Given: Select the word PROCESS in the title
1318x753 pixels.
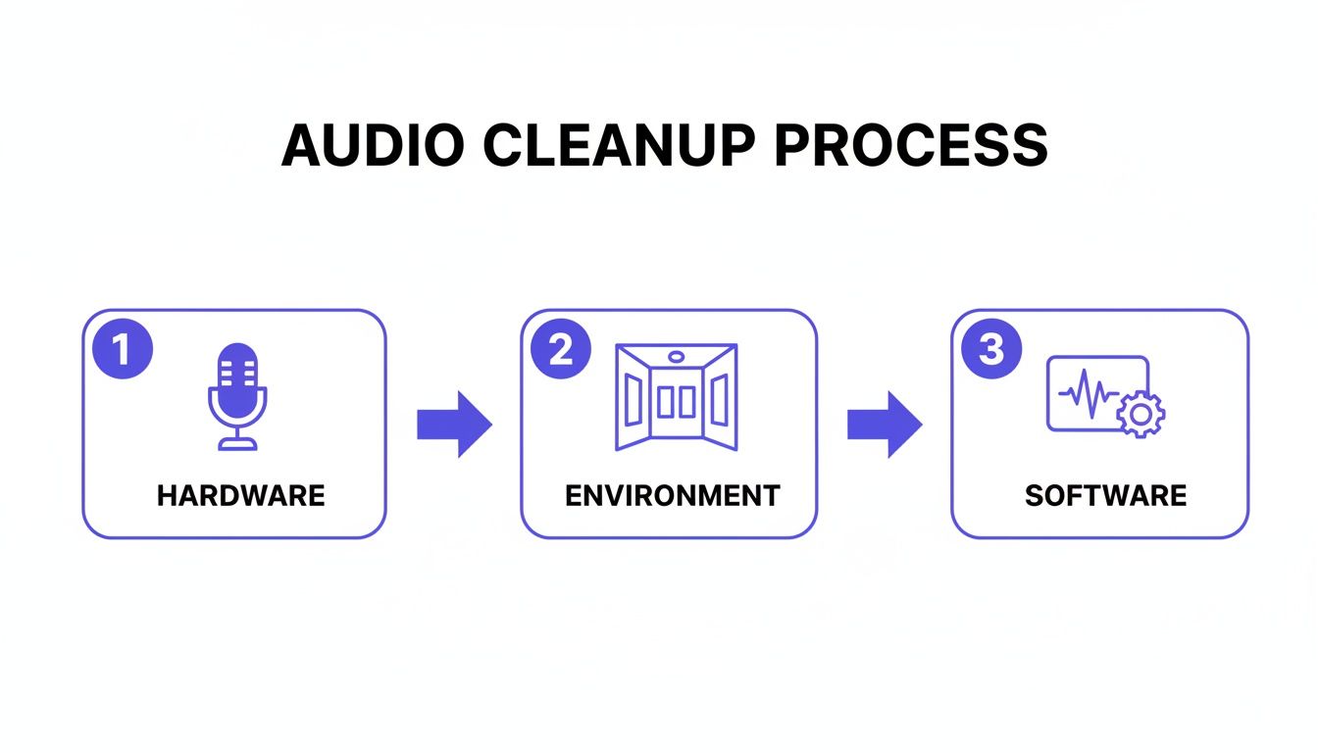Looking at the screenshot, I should (911, 145).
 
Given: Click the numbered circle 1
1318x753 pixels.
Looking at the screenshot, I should (122, 350).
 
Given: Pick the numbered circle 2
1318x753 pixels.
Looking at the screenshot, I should (561, 350).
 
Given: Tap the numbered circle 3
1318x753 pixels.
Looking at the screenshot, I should (991, 350).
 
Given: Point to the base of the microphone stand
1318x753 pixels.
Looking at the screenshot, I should (237, 444).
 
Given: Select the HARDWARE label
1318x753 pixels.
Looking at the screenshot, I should (240, 496).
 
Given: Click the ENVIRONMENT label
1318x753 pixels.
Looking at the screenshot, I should (672, 496).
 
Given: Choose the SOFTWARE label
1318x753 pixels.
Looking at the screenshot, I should (1105, 496).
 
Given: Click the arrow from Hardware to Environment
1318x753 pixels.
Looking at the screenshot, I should (453, 425).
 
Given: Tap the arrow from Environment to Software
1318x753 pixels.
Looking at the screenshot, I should (884, 425).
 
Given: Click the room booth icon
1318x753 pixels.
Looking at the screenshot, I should (676, 396).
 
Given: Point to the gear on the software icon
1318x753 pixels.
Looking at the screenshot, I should (1141, 415).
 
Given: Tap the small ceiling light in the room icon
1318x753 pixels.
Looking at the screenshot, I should (676, 356).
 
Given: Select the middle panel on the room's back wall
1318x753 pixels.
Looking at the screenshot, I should (677, 402).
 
